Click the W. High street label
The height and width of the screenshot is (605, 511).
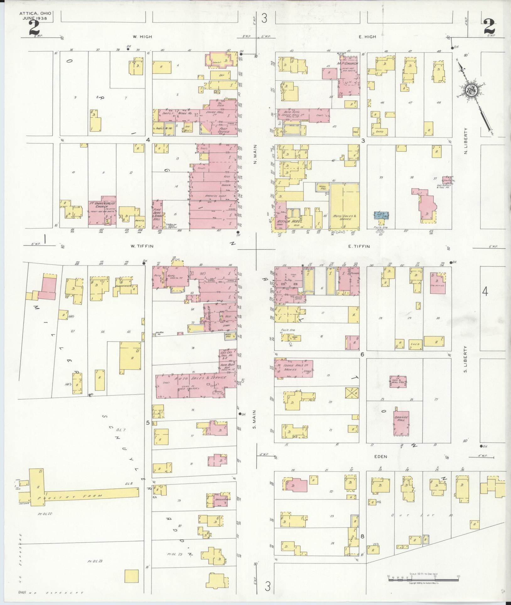[x=142, y=37]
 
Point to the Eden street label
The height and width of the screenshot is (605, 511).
[x=381, y=457]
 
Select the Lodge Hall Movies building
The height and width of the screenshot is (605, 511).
[x=293, y=368]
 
